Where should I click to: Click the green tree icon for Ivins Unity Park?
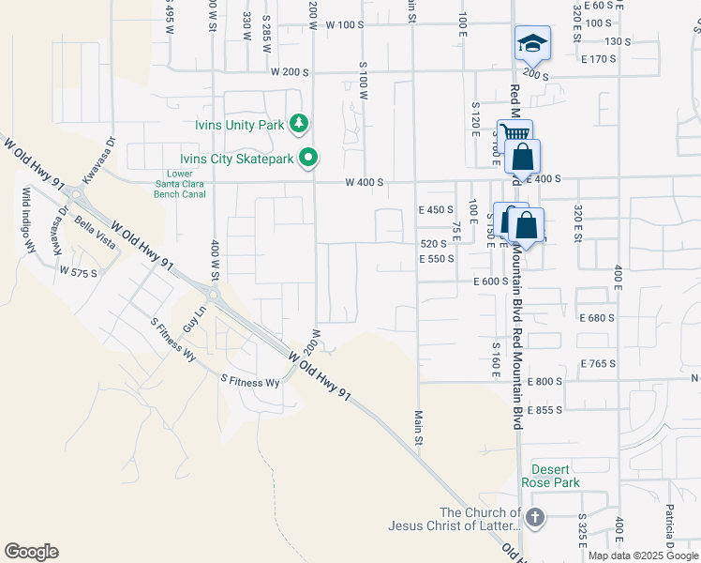click(x=299, y=123)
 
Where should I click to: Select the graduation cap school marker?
click(x=532, y=43)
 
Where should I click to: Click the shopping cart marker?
click(x=514, y=134)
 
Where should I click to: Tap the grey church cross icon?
click(x=534, y=518)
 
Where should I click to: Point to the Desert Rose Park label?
click(x=556, y=476)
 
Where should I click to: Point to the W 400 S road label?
click(x=365, y=182)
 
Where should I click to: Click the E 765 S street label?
click(x=597, y=363)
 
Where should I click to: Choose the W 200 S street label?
click(x=290, y=71)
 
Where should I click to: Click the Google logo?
click(x=31, y=552)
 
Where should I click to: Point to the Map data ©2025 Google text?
click(x=643, y=555)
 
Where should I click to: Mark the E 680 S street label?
click(x=597, y=318)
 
